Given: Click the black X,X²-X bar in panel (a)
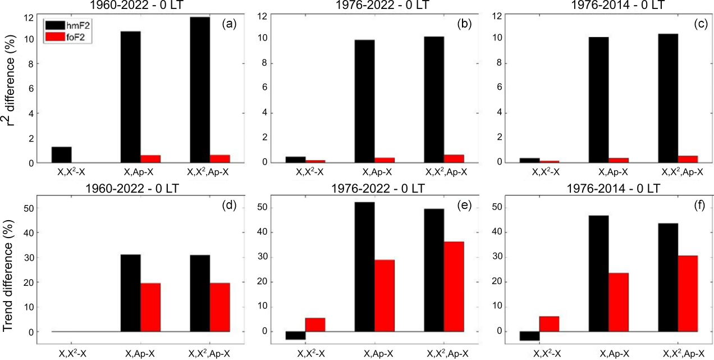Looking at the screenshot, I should tap(62, 155).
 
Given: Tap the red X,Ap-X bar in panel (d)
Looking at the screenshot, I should tap(151, 307).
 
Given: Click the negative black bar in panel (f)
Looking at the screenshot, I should tap(528, 336).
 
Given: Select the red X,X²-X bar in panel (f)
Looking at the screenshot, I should tap(548, 324).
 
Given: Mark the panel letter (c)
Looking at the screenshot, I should tap(697, 24).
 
